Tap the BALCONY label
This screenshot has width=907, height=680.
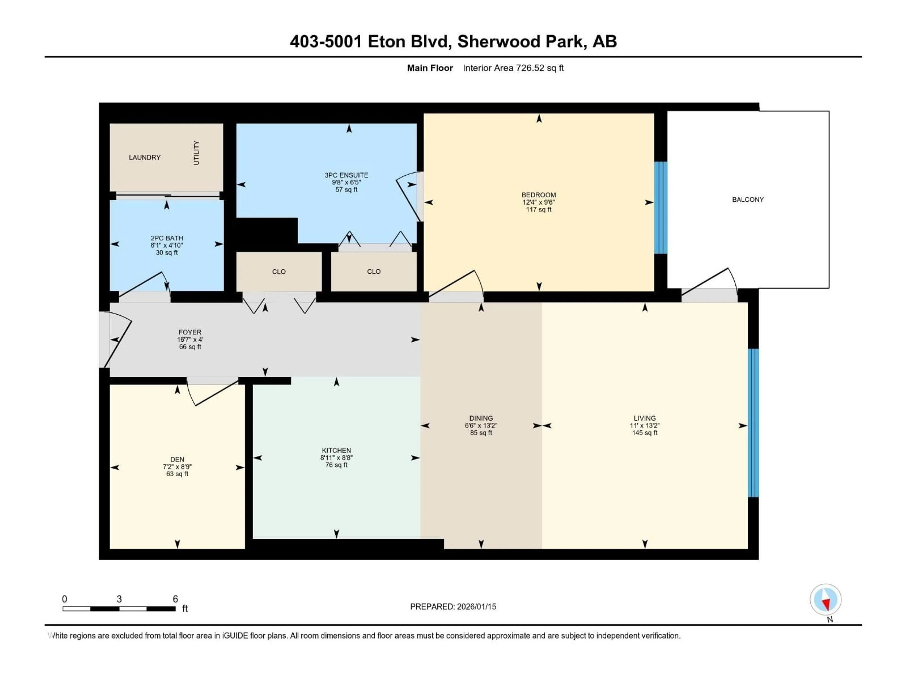[x=748, y=200]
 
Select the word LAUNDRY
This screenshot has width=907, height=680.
[x=145, y=157]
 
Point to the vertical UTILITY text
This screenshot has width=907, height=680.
[x=196, y=153]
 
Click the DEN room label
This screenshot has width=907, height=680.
[x=177, y=459]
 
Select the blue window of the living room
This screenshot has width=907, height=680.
[x=753, y=423]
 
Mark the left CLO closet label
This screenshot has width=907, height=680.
[x=279, y=272]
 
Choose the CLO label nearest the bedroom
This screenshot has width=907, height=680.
[x=373, y=272]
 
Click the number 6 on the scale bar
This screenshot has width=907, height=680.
[x=175, y=599]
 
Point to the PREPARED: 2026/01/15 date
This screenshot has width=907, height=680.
[x=453, y=607]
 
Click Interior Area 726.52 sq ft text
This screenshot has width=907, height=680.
[x=513, y=68]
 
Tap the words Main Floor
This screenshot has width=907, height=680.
[x=430, y=68]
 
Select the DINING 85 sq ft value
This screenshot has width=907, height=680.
[x=481, y=433]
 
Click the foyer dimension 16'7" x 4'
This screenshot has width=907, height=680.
[x=190, y=339]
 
